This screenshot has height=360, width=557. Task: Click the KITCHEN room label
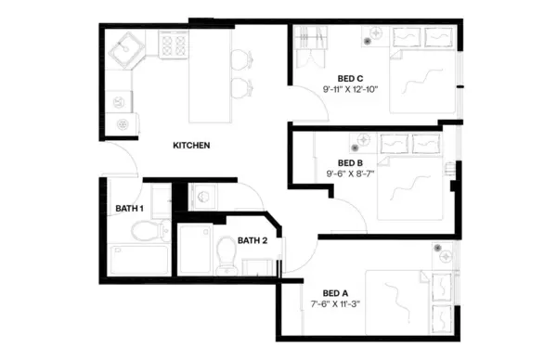tap(191, 146)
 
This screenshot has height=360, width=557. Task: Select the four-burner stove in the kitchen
tap(174, 45)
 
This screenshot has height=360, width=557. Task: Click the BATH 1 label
tap(129, 209)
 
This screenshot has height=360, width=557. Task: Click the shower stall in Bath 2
tap(195, 249)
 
